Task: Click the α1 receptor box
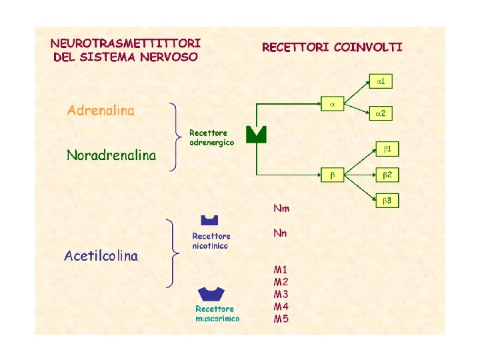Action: [381, 81]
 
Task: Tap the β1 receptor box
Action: [389, 149]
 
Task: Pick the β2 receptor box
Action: [389, 175]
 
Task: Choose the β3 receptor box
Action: [389, 200]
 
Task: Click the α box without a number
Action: [333, 104]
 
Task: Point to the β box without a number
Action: [333, 175]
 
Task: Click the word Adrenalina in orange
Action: [101, 111]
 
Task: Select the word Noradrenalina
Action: [111, 156]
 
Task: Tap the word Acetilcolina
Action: [101, 256]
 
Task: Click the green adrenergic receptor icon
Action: [256, 134]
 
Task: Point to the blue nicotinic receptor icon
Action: [210, 219]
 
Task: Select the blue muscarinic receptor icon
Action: [212, 293]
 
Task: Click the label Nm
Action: [281, 209]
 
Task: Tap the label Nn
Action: [280, 233]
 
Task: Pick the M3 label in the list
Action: [281, 294]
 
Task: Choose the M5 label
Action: [281, 319]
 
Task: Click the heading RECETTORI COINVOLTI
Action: [332, 47]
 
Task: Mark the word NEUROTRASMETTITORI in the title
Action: [125, 42]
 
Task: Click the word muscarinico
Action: [217, 319]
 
